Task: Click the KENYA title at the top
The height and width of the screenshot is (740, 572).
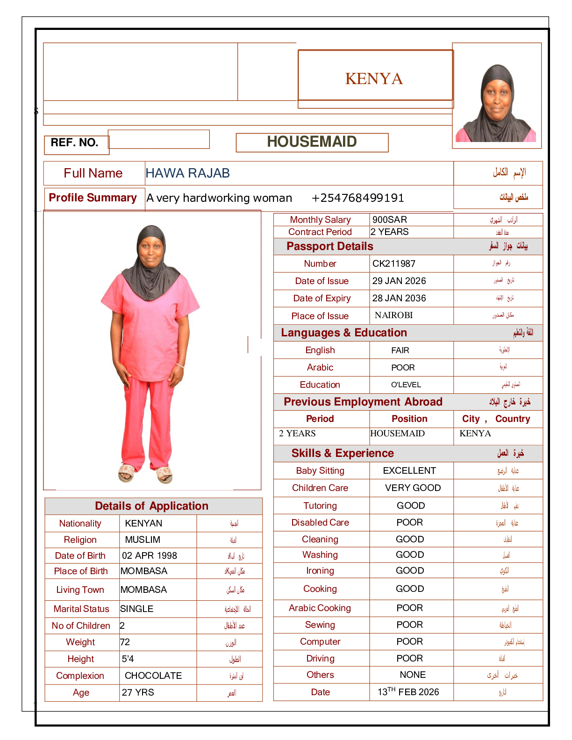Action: click(374, 79)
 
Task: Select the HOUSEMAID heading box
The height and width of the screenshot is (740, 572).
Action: click(312, 142)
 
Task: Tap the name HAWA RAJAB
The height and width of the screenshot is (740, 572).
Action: click(187, 173)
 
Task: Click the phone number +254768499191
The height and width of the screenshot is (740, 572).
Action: click(357, 198)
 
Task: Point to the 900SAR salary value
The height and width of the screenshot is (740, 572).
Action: click(389, 220)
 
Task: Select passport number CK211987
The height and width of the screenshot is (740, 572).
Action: click(393, 264)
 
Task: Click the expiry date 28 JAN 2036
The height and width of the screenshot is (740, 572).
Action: click(399, 299)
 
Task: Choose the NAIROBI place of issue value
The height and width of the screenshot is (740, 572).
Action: click(393, 315)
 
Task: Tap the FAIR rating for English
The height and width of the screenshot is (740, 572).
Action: click(400, 350)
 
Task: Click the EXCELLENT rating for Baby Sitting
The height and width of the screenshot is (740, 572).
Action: click(409, 471)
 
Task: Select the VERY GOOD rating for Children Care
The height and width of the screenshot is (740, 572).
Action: click(413, 488)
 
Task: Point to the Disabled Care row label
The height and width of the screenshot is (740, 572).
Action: click(320, 523)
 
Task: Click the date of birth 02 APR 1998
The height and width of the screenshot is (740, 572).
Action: click(150, 556)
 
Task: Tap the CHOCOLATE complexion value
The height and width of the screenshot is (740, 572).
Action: click(153, 676)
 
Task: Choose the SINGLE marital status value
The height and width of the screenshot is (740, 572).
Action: click(136, 609)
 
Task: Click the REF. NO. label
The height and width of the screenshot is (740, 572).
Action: click(74, 143)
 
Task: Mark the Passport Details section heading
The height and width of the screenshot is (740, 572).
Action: click(329, 247)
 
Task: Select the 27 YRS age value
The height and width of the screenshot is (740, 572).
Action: click(138, 693)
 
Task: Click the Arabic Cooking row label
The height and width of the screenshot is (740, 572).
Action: click(320, 608)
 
